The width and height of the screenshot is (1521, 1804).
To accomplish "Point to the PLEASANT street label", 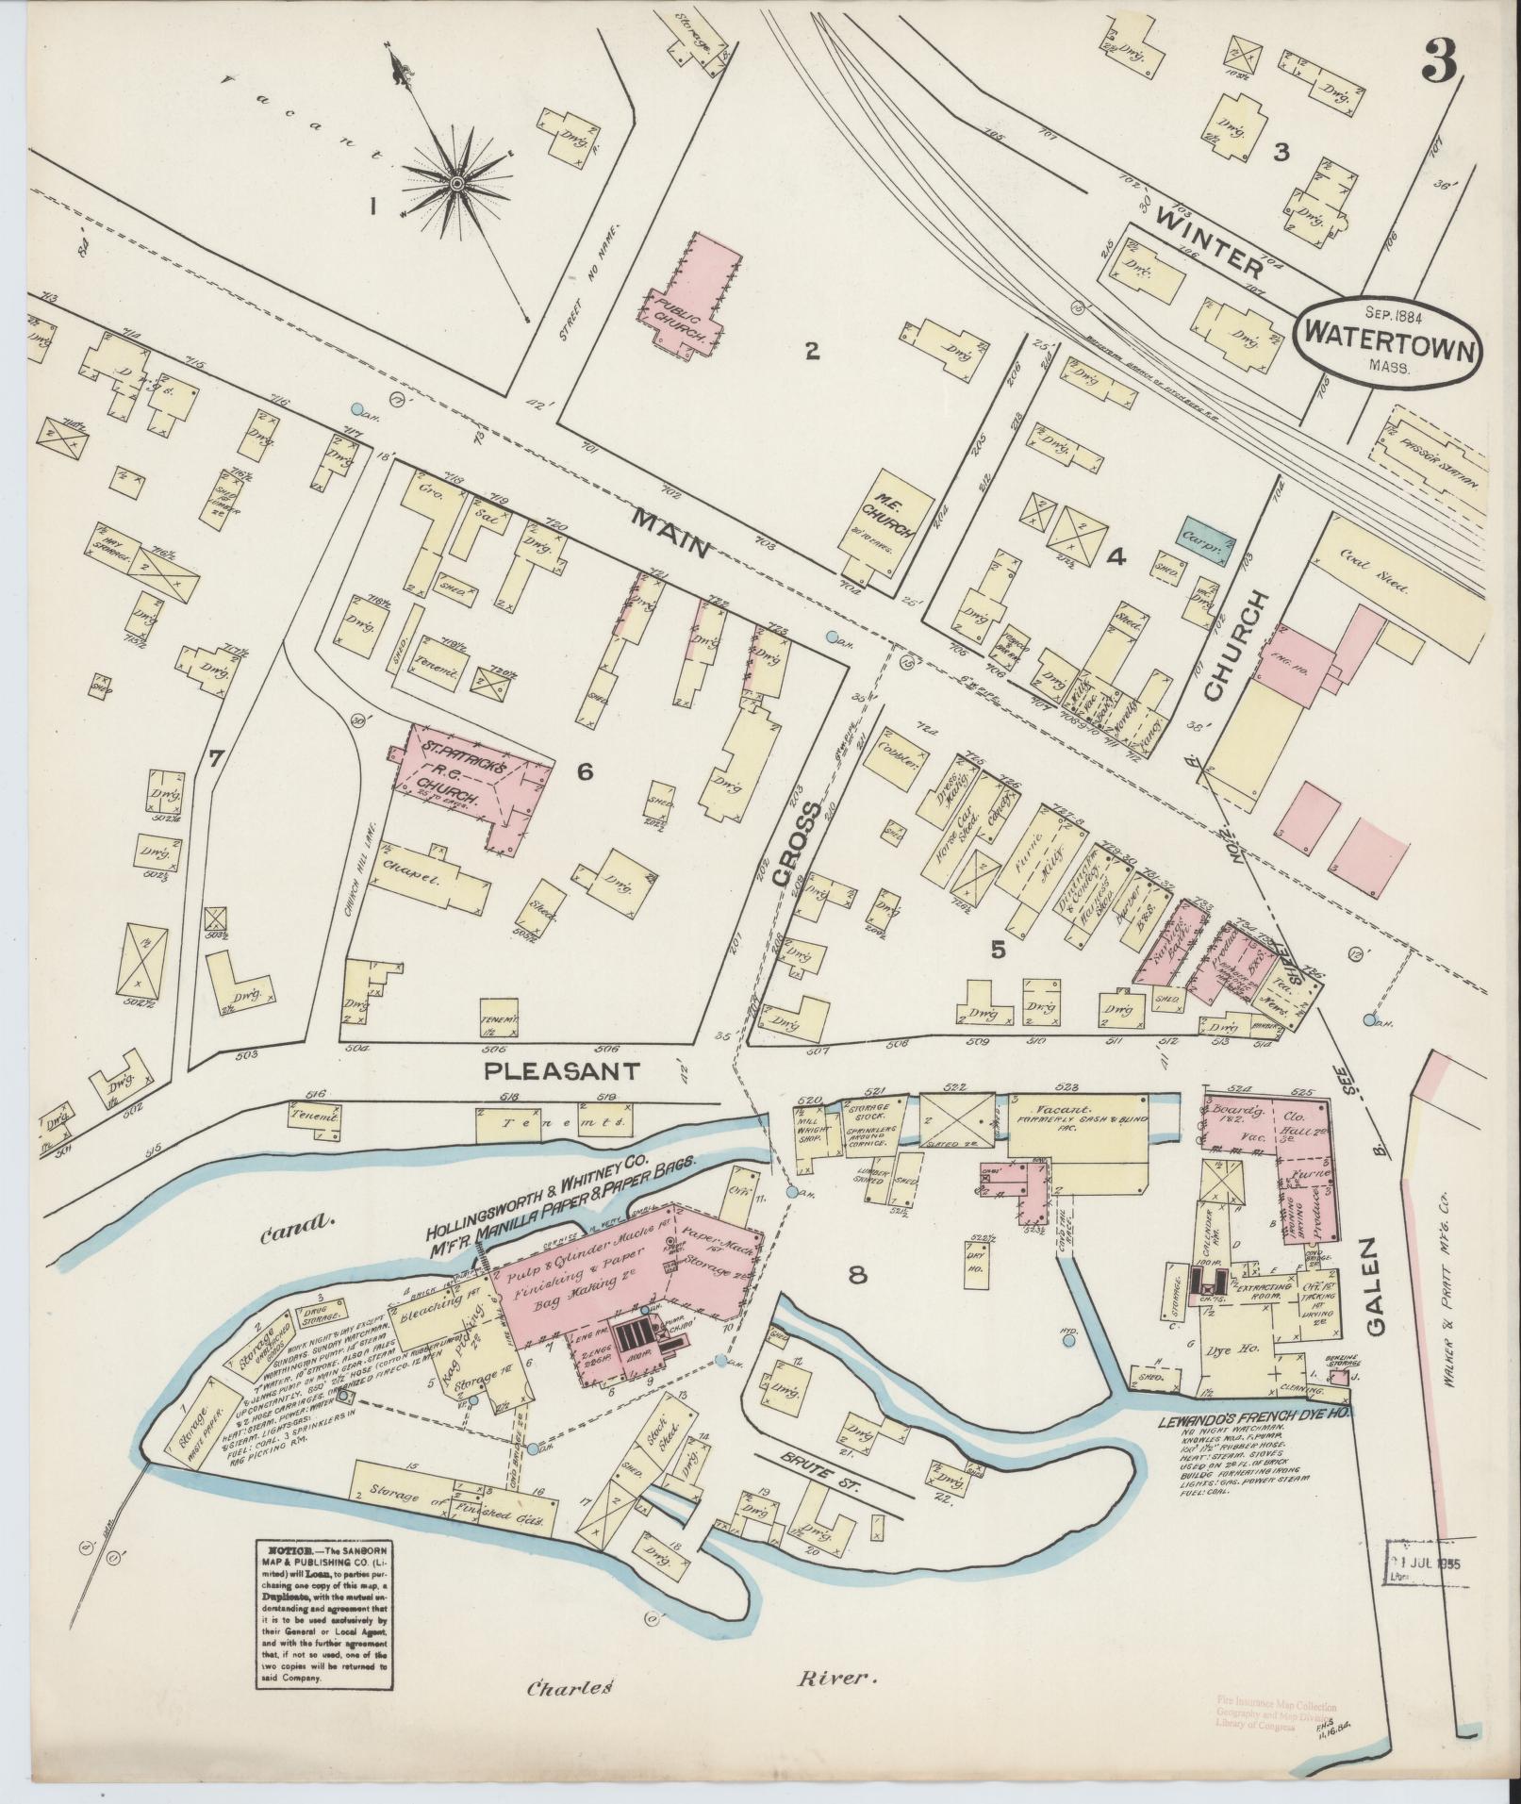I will [x=562, y=1071].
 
